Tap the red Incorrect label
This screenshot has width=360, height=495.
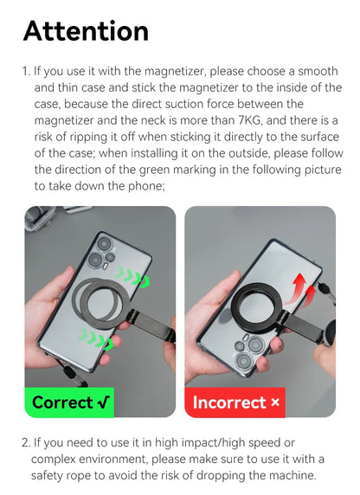pyautogui.click(x=235, y=402)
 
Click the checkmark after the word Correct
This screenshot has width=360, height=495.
pyautogui.click(x=104, y=402)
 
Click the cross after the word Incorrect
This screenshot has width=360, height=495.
pyautogui.click(x=274, y=402)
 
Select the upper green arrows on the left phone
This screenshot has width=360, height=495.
pyautogui.click(x=134, y=279)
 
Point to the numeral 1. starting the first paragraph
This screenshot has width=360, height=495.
pyautogui.click(x=27, y=72)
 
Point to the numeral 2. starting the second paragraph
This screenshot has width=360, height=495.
pyautogui.click(x=27, y=443)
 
